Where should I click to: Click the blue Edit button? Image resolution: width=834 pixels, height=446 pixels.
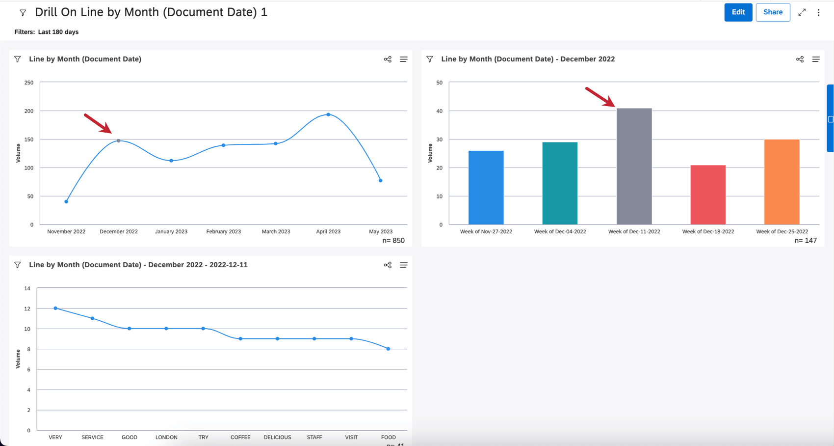point(738,12)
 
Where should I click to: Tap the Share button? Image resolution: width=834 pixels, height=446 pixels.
point(773,12)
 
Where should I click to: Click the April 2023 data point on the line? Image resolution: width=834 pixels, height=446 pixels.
point(328,114)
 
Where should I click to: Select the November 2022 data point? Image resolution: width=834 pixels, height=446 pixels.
point(66,201)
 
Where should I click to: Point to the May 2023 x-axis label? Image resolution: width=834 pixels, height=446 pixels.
point(381,231)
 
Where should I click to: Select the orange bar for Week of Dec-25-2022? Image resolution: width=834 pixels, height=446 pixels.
point(782,182)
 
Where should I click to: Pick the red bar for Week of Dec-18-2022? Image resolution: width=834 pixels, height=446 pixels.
point(708,195)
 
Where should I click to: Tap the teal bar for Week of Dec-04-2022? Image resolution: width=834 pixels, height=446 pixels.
point(560,183)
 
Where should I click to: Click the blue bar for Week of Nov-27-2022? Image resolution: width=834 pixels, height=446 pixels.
point(486,187)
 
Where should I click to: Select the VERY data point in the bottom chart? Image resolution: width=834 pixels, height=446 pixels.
point(55,308)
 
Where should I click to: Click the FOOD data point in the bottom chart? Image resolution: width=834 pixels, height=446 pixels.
point(388,349)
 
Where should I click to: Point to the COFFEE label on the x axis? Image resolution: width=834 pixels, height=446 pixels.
point(240,437)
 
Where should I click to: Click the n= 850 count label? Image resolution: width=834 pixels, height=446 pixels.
point(393,241)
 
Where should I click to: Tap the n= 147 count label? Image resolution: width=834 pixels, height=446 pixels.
point(806,241)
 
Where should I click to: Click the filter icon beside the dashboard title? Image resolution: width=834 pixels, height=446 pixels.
point(23,13)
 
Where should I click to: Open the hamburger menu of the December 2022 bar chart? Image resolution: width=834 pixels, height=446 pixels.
point(816,59)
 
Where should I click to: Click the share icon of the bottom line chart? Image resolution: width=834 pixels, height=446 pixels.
point(388,265)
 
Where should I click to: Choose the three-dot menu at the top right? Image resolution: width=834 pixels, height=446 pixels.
point(818,13)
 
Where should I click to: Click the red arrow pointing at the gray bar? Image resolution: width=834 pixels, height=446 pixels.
point(600,97)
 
